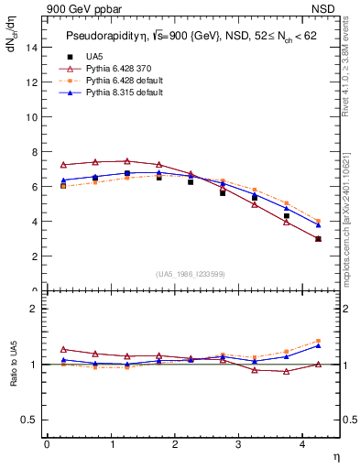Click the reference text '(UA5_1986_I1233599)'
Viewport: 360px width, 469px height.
pyautogui.click(x=191, y=275)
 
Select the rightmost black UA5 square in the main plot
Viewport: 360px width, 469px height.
pyautogui.click(x=318, y=239)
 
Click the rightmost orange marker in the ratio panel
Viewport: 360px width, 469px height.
pyautogui.click(x=318, y=341)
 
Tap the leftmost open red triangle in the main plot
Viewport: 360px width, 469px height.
pyautogui.click(x=63, y=165)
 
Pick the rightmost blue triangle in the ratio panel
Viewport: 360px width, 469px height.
pyautogui.click(x=318, y=345)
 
